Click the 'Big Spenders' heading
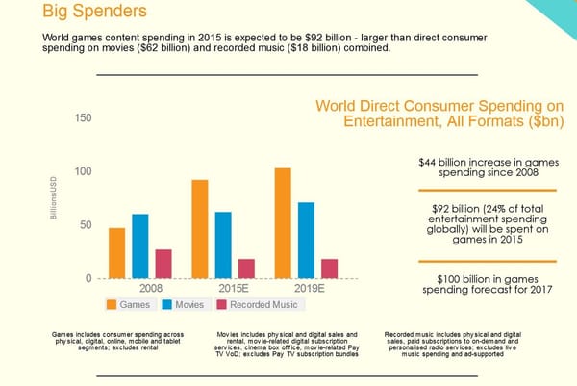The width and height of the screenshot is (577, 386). pyautogui.click(x=95, y=13)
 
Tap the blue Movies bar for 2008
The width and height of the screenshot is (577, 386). pyautogui.click(x=140, y=246)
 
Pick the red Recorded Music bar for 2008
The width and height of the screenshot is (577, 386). pyautogui.click(x=163, y=264)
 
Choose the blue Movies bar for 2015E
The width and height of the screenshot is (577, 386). pyautogui.click(x=223, y=245)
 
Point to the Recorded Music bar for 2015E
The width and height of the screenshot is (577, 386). pyautogui.click(x=246, y=269)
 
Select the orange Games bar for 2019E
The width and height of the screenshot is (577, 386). pyautogui.click(x=283, y=223)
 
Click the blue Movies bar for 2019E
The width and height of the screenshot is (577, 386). pyautogui.click(x=306, y=241)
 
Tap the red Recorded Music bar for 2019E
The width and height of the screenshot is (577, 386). pyautogui.click(x=329, y=269)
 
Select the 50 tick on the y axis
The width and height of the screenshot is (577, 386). pyautogui.click(x=85, y=225)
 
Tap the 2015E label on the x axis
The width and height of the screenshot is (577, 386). pyautogui.click(x=236, y=288)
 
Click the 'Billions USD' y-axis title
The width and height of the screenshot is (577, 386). pyautogui.click(x=55, y=197)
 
